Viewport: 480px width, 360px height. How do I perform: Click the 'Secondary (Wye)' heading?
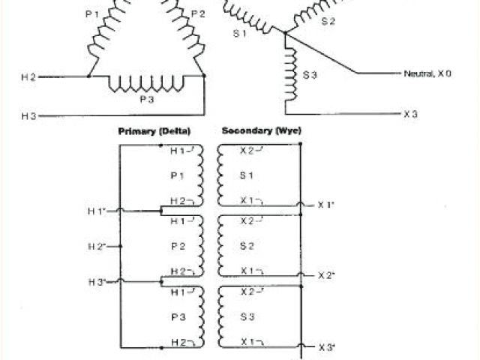coord(261,130)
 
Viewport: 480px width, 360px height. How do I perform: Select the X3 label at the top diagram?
coord(410,114)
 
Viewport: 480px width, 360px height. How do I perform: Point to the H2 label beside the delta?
coord(28,76)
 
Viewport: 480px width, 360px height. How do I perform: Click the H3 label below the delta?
coord(28,115)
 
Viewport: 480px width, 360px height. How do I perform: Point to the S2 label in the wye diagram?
coord(328,22)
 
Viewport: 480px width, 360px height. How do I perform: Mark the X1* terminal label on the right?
coord(325,205)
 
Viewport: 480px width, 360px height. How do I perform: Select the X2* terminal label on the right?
coord(325,275)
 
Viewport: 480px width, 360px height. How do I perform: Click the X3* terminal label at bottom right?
coord(325,347)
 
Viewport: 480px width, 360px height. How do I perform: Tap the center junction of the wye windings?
coord(286,31)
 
